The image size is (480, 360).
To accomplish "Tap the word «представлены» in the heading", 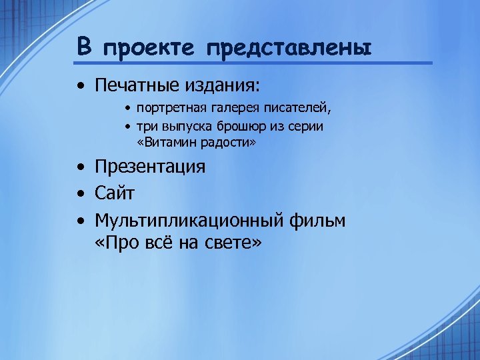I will coord(288,48).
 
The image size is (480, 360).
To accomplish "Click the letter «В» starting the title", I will coord(84,47).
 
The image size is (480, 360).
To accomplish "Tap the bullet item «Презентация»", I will coord(150,167).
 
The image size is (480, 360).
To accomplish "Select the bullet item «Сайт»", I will coord(115,194).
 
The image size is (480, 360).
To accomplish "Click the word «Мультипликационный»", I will coord(191,221).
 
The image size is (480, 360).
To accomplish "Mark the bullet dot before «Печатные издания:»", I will coord(80,87).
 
